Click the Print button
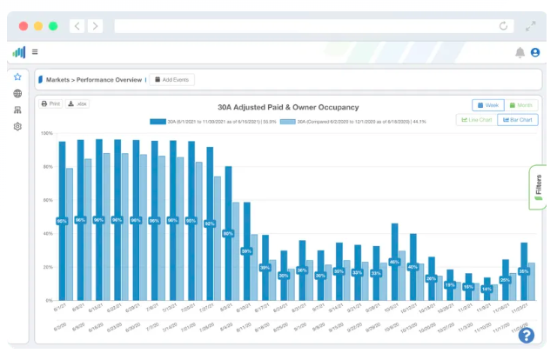51,103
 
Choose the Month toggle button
521,105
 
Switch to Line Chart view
476,120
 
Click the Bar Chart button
517,120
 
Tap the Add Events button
171,79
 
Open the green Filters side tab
538,188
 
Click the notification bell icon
520,52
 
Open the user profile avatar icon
535,52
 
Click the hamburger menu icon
35,52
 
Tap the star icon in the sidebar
17,77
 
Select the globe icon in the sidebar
17,94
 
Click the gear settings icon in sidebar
17,127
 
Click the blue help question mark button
526,335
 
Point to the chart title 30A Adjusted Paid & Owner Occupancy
287,108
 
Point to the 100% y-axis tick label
47,133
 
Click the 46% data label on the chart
394,262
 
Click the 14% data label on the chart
487,289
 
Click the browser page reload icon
503,26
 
